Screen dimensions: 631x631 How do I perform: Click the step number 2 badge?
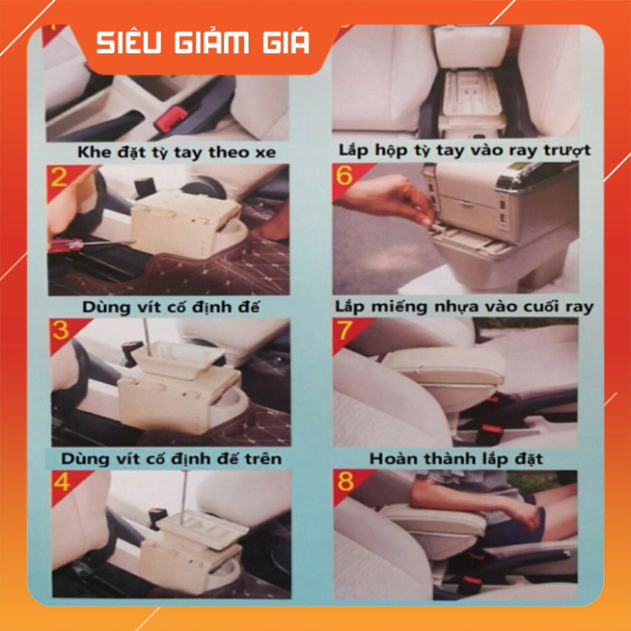tap(59, 177)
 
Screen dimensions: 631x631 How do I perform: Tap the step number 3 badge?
tap(61, 331)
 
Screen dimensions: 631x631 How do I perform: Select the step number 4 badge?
tap(61, 482)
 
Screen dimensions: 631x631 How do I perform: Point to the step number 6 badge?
tap(344, 175)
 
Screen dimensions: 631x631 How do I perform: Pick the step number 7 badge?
tap(345, 331)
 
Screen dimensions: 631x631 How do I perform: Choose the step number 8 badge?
tap(345, 482)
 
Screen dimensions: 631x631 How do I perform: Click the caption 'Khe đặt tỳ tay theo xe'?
tap(176, 153)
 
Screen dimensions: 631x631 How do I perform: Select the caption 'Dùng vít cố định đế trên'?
tap(171, 458)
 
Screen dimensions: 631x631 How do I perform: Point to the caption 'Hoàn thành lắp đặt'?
tap(457, 458)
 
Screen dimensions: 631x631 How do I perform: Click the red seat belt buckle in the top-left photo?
tap(171, 118)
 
